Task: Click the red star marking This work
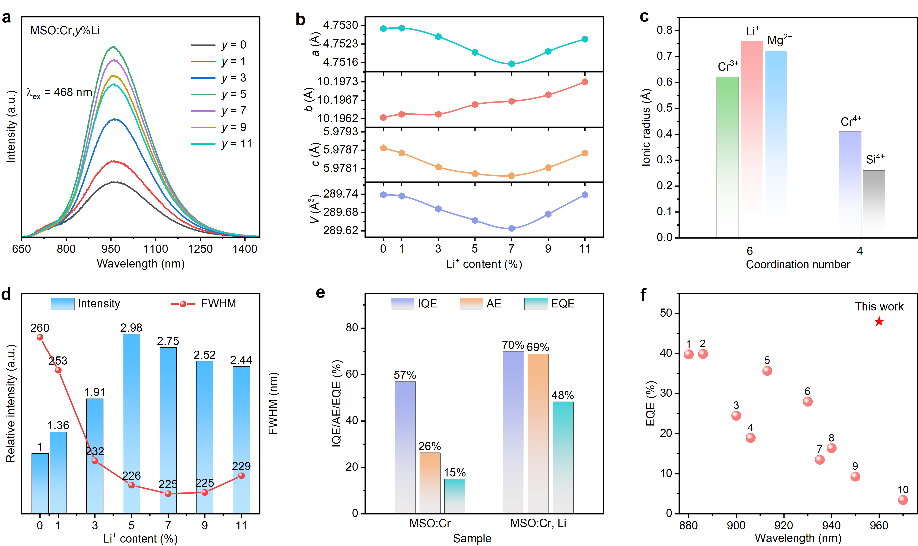click(879, 321)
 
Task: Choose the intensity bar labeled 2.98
click(131, 423)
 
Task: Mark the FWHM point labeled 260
click(40, 337)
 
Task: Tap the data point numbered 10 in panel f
click(902, 500)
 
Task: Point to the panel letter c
click(644, 17)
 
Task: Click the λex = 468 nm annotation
click(59, 93)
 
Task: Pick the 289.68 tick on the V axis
click(340, 212)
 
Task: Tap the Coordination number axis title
click(798, 264)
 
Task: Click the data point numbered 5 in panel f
click(767, 370)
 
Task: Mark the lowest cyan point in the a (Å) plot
click(511, 64)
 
